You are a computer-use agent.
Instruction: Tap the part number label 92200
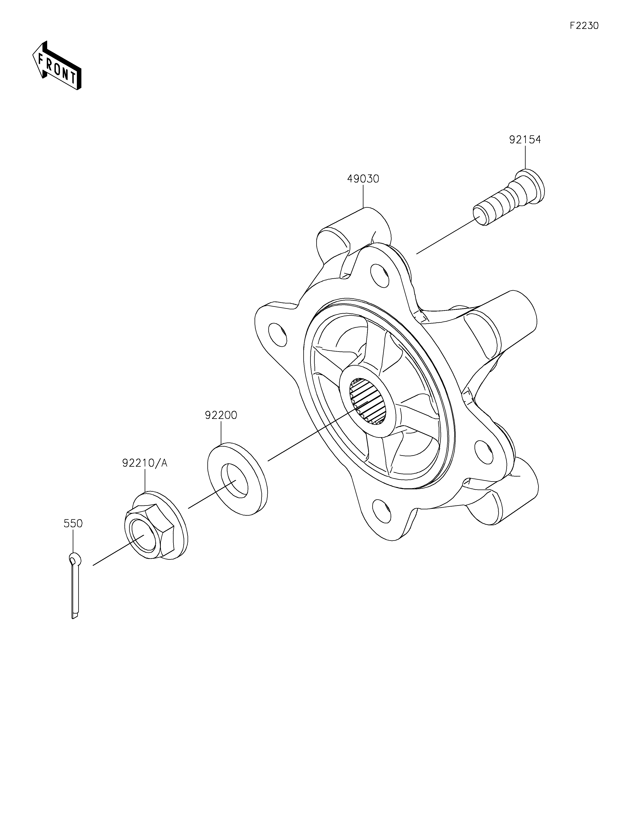pyautogui.click(x=221, y=415)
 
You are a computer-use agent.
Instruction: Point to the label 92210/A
pyautogui.click(x=145, y=463)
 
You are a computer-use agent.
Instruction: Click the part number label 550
pyautogui.click(x=73, y=523)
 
